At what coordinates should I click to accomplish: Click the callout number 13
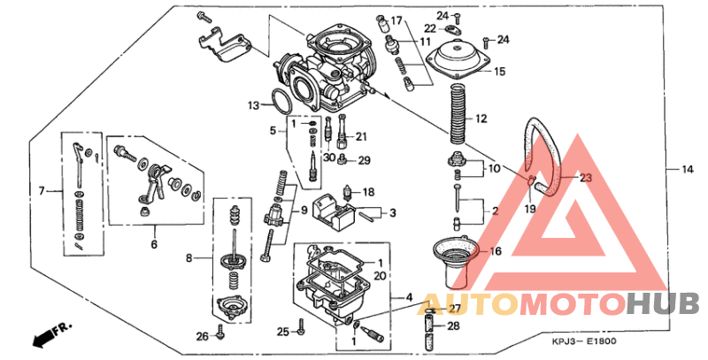coord(254,105)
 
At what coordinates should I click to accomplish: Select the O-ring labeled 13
coord(281,101)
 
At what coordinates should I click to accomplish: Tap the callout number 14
coord(687,168)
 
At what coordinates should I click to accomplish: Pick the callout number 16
coord(495,251)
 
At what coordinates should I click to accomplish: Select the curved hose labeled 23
coord(537,150)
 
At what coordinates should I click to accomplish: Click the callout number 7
coord(42,189)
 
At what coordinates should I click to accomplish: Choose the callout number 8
coord(188,258)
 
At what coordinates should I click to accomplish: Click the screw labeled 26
coord(219,335)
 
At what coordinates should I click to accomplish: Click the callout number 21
coord(360,136)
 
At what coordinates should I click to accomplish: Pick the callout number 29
coord(364,160)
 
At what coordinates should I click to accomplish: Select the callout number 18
coord(369,191)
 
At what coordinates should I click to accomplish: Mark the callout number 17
coord(396,20)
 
